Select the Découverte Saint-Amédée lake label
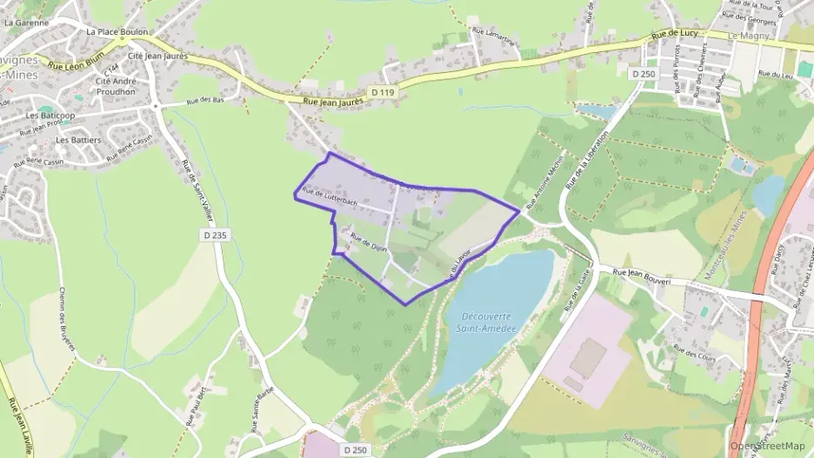(x=486, y=322)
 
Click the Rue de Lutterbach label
(x=330, y=197)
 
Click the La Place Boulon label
(x=117, y=30)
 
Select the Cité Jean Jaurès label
(x=158, y=56)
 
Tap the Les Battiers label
(x=79, y=139)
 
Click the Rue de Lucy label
(x=675, y=33)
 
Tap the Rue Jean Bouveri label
(x=644, y=272)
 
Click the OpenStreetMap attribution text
(x=769, y=446)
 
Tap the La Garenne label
(x=26, y=23)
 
